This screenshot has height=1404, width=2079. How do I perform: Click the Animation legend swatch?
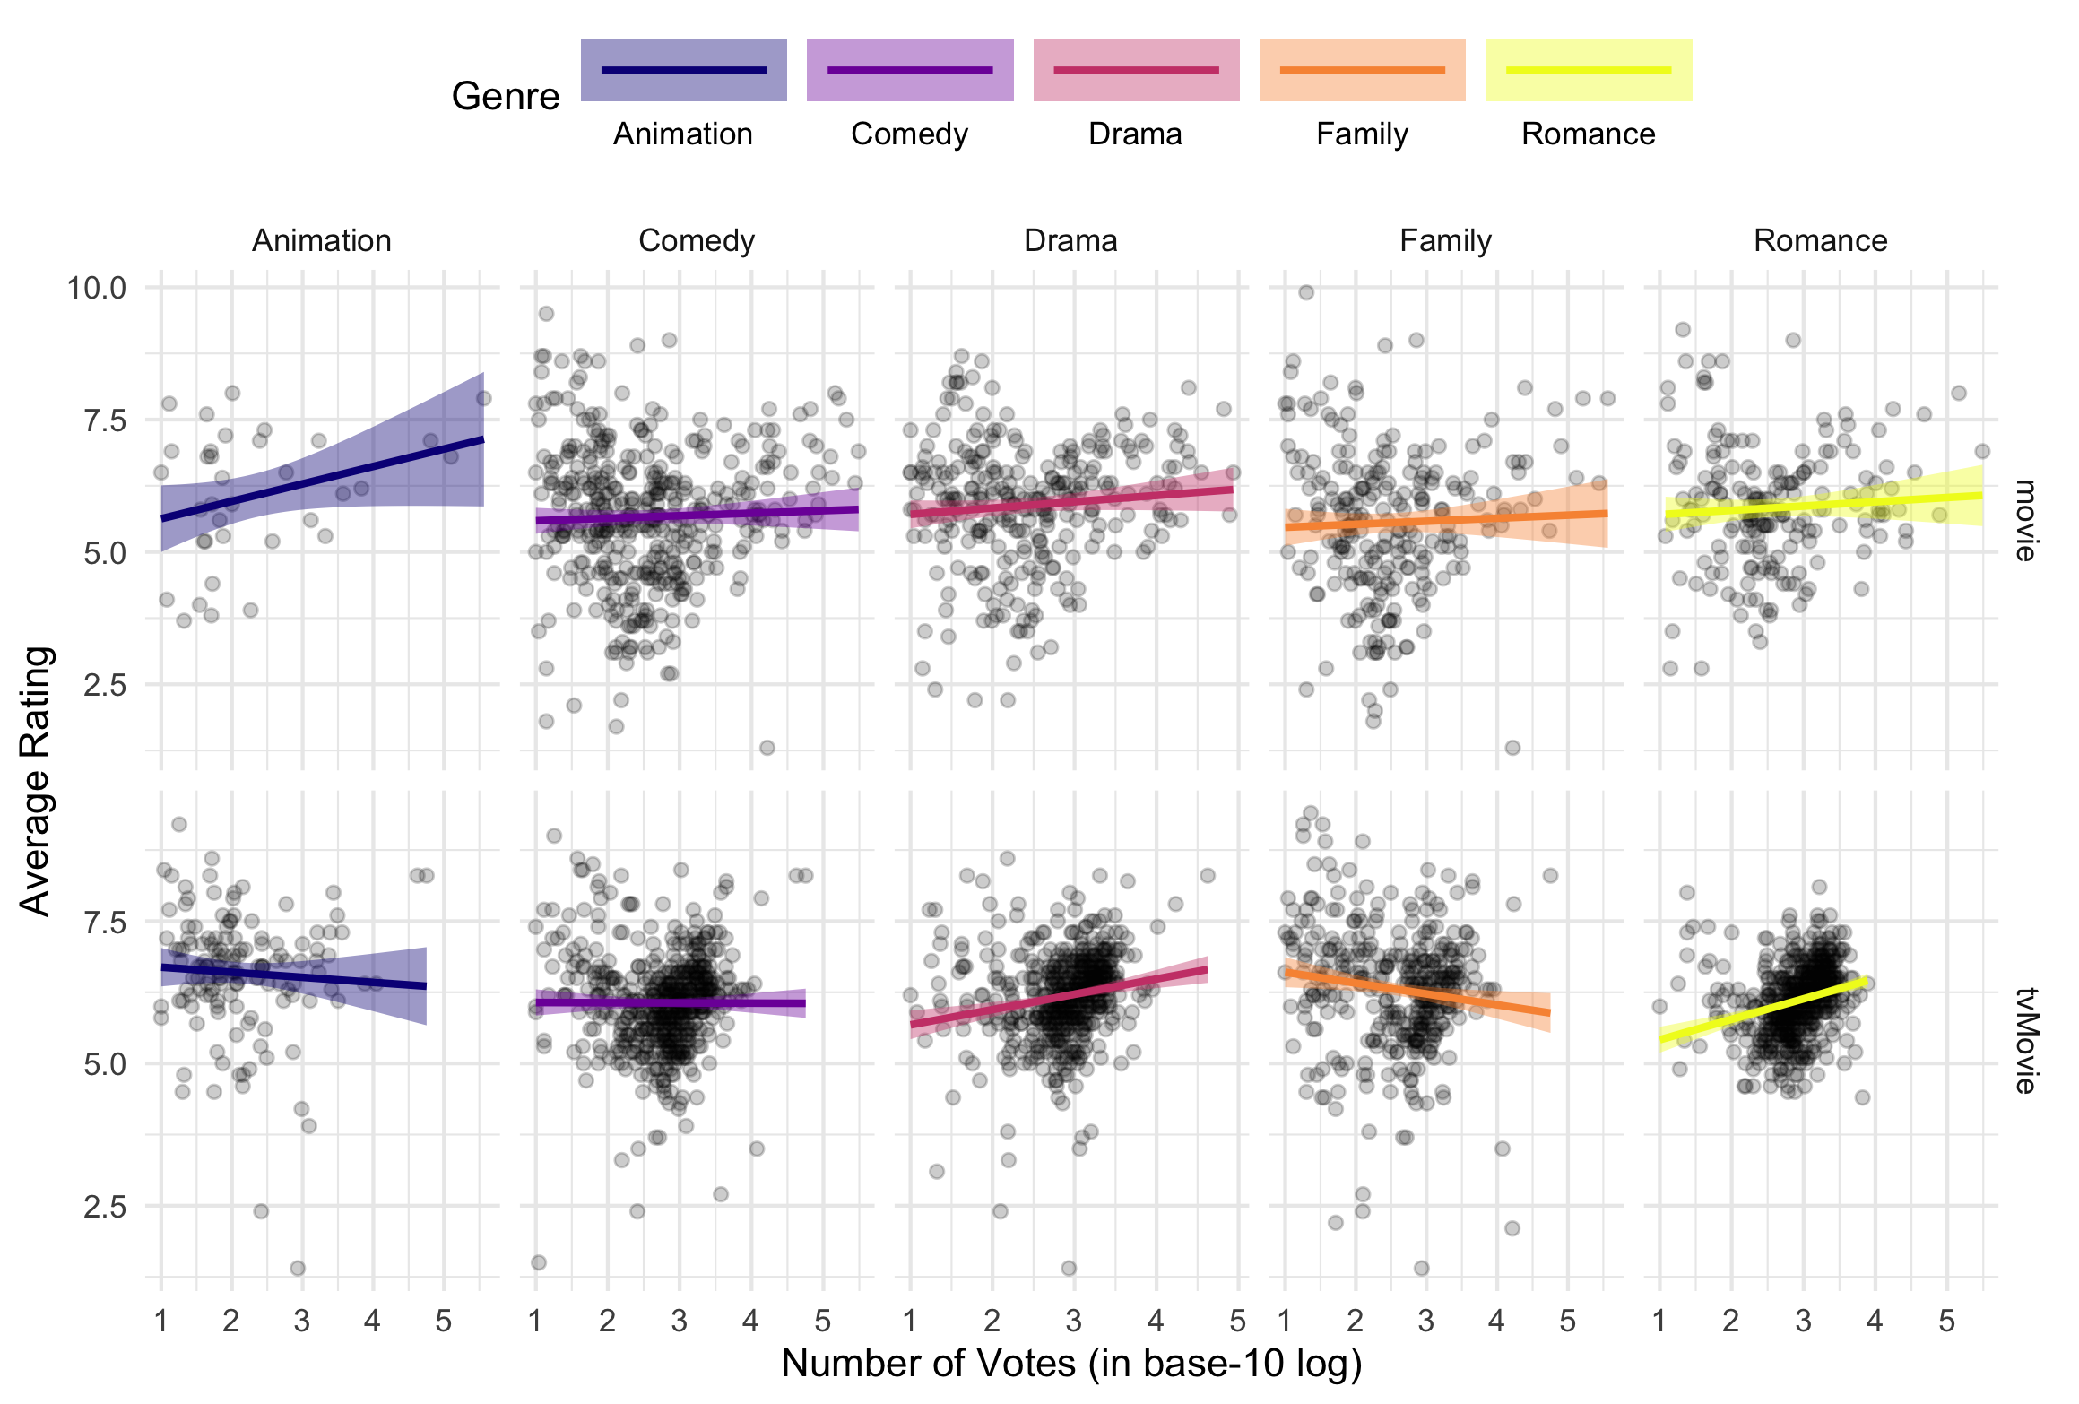point(683,70)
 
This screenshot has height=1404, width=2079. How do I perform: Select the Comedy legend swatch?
point(910,70)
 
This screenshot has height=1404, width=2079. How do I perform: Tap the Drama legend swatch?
point(1136,70)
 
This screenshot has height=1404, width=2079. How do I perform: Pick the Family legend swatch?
point(1362,70)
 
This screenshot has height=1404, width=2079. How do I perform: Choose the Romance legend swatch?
point(1589,70)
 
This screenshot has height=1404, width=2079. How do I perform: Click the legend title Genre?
point(506,96)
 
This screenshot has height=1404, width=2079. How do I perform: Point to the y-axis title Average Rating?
point(36,780)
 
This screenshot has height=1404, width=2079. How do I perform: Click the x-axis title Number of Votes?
point(1071,1364)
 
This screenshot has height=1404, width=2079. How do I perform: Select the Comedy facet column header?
point(697,240)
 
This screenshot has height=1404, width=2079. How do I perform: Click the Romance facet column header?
point(1820,240)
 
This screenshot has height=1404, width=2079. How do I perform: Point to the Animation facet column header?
point(322,240)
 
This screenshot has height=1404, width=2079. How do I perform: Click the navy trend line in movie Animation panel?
point(323,479)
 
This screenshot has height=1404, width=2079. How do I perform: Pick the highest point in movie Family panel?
point(1306,292)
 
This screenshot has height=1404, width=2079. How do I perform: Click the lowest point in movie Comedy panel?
point(767,748)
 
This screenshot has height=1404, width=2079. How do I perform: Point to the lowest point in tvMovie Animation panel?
point(298,1268)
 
